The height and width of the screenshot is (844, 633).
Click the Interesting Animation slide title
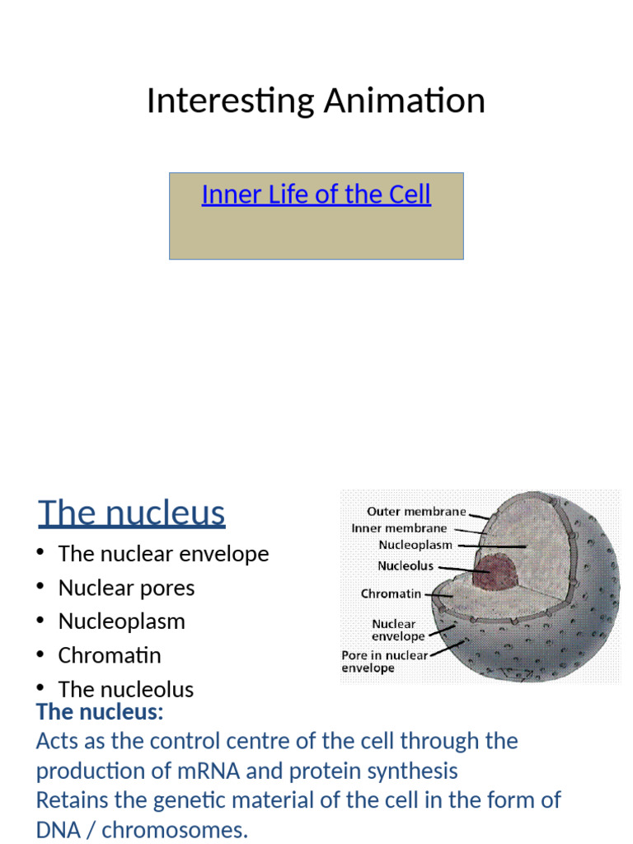pos(316,101)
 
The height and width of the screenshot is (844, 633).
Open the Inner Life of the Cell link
pos(316,195)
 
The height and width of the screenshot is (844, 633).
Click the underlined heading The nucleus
pos(132,513)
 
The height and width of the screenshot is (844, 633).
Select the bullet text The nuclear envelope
pos(163,554)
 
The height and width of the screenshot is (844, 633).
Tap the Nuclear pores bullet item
pos(126,588)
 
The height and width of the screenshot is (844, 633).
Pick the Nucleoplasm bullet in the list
pos(121,621)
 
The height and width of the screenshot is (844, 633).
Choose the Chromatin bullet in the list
pos(110,655)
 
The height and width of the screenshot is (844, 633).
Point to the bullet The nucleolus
pos(125,689)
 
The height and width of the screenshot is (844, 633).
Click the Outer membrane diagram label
pos(416,512)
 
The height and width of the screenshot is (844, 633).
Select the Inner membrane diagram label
pos(399,528)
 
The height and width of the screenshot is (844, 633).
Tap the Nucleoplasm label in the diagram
pos(415,545)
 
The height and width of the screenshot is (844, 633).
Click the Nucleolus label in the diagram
pos(406,566)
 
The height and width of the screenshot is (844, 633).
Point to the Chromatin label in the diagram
pos(391,593)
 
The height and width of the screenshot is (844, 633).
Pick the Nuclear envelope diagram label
pos(398,630)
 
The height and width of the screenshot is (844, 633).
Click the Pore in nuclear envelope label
pos(385,662)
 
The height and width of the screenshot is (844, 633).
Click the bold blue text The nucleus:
pos(100,711)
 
